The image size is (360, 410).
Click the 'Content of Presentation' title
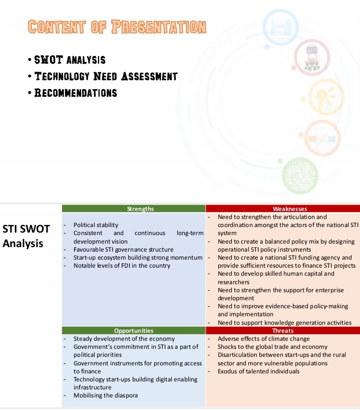(117, 27)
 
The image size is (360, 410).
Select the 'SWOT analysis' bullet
(70, 60)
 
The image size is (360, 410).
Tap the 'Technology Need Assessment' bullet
(106, 77)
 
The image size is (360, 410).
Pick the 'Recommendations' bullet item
(76, 93)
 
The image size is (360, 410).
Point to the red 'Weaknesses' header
(283, 209)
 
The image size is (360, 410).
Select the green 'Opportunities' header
(134, 331)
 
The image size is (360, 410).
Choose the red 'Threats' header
(283, 331)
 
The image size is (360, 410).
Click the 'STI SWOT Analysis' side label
(27, 237)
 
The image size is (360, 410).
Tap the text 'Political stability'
(96, 225)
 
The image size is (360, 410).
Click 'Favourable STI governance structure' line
(124, 249)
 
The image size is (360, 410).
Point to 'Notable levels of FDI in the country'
(122, 265)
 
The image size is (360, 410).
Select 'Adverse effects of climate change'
(264, 339)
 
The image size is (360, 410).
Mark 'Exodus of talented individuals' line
(259, 371)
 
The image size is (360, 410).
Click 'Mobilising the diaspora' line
(106, 395)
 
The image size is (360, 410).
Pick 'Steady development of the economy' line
(117, 339)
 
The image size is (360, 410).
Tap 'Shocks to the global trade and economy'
(273, 347)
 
